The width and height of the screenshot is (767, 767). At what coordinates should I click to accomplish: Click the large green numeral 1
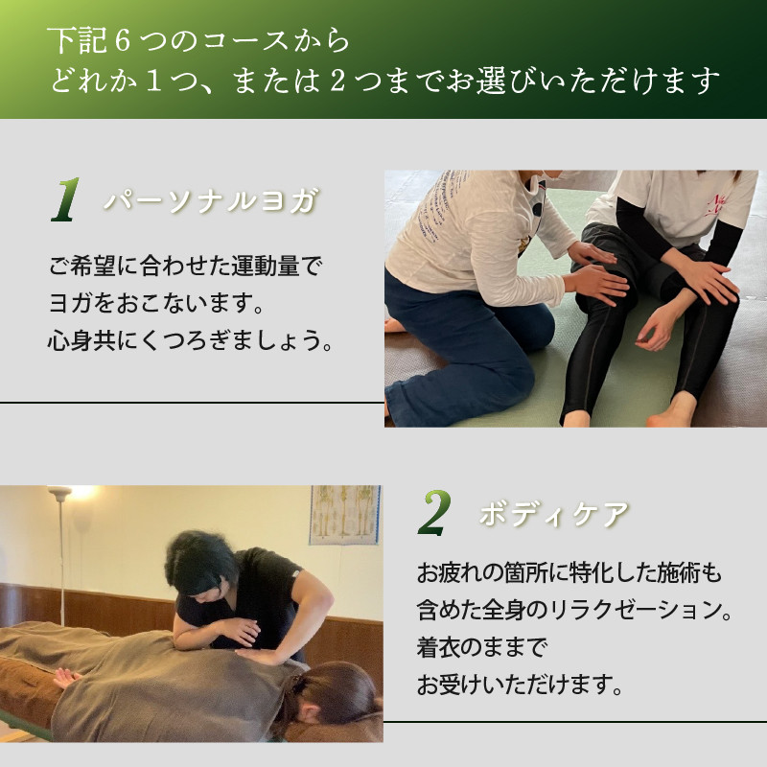66,199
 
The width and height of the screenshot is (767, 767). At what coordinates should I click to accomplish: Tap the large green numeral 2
434,513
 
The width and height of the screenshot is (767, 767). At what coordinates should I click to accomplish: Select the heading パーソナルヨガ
211,200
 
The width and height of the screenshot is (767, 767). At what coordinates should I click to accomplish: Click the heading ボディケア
554,514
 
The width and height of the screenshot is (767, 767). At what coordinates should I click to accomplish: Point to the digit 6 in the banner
123,40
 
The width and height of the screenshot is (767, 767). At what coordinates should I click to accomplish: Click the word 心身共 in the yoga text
81,340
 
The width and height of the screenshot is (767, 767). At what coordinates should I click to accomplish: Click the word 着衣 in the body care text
439,646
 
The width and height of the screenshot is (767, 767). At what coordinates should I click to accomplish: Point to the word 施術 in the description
679,573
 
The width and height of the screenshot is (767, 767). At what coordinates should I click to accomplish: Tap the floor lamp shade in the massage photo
59,492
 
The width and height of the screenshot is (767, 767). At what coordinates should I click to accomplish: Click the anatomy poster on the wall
345,515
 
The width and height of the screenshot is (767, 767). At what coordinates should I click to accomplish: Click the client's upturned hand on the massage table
67,678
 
